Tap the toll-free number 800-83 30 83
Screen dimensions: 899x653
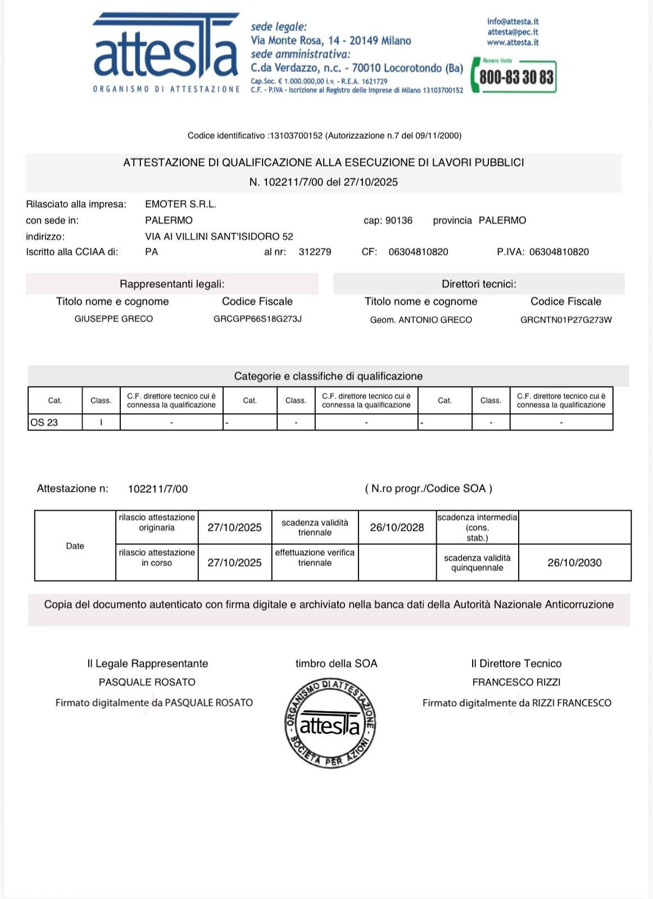tap(516, 77)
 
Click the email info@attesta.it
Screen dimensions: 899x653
tap(513, 21)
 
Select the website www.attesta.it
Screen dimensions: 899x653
tap(513, 42)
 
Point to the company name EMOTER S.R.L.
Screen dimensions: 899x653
tap(180, 204)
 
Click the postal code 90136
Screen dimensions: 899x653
tap(398, 220)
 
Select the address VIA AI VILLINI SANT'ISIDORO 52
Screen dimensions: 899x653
tap(219, 237)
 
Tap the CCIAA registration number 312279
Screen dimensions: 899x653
tap(315, 252)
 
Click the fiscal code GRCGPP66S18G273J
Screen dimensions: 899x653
tap(257, 319)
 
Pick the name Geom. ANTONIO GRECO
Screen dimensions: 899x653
tap(421, 320)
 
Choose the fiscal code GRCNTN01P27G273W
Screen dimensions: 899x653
tap(566, 320)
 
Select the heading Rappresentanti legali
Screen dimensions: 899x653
tap(172, 284)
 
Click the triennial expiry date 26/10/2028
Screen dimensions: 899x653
tap(397, 527)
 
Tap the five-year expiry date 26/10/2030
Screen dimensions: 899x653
tap(574, 562)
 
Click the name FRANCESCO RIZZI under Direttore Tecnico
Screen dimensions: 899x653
tap(516, 682)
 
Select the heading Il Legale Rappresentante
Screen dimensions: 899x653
tap(147, 664)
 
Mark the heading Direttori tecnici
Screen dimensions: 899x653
tap(479, 284)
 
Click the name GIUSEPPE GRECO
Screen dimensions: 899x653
tap(114, 319)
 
